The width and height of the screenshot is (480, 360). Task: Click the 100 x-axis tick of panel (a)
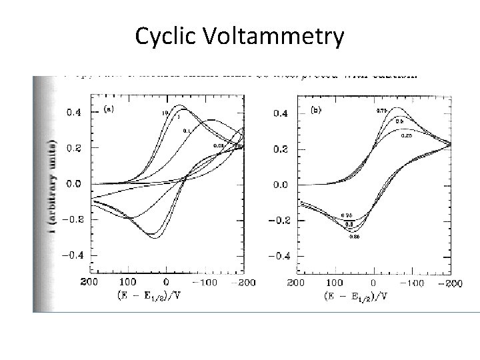pos(129,283)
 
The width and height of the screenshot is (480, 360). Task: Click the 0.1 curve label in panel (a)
pos(187,131)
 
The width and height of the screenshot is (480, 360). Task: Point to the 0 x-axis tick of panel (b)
pos(374,283)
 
